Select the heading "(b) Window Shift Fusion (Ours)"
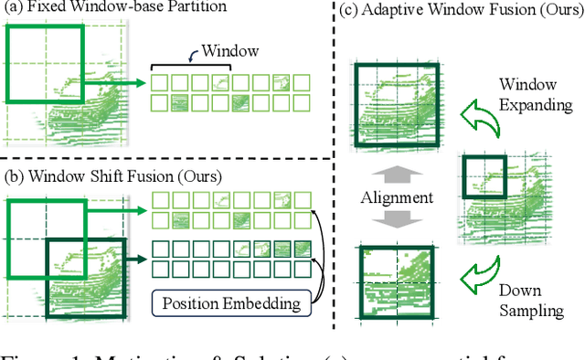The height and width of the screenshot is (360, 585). pyautogui.click(x=119, y=173)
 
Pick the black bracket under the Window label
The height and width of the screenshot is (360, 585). pyautogui.click(x=190, y=67)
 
